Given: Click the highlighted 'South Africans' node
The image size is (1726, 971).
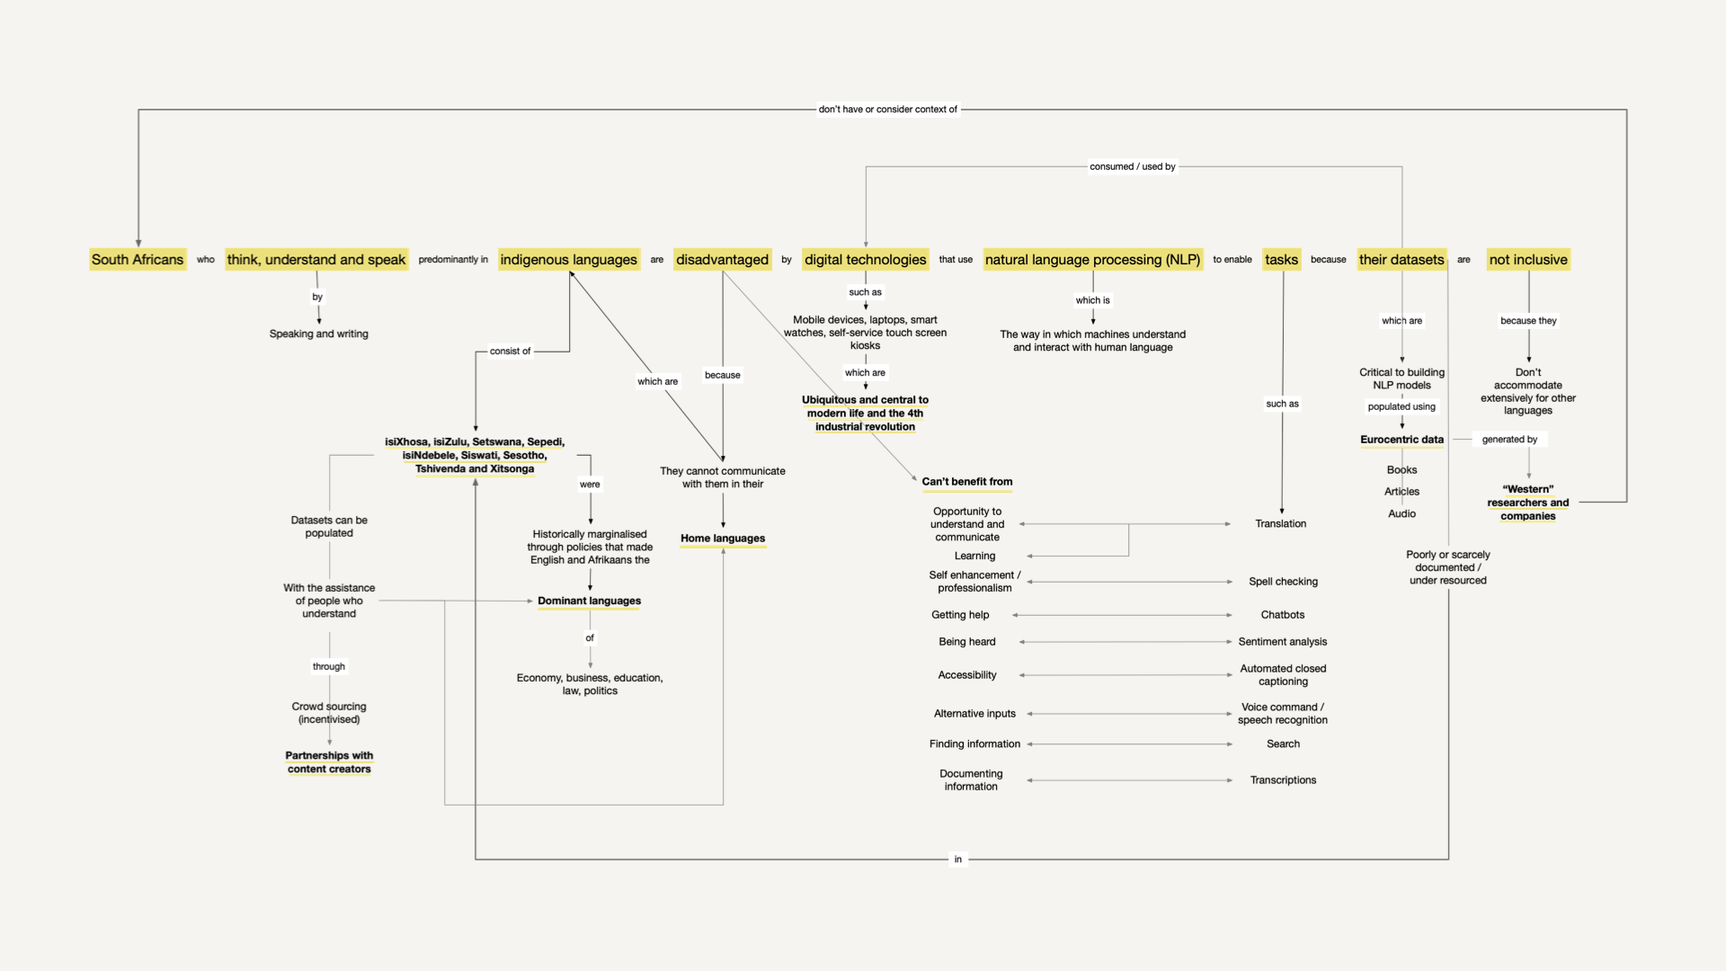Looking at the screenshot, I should click(138, 260).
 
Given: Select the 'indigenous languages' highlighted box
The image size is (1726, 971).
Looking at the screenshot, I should click(568, 260).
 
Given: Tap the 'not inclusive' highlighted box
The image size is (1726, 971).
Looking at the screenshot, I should click(1527, 260).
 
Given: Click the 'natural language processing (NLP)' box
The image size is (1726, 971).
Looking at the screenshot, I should click(1092, 260).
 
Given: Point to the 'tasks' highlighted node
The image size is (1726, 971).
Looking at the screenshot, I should click(1281, 260).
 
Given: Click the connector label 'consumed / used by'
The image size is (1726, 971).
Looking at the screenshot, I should click(1132, 166).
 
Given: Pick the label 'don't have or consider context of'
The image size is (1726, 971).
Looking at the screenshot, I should click(887, 110).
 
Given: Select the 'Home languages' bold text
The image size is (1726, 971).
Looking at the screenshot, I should click(723, 539).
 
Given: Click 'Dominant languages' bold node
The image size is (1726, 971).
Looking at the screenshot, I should click(589, 601).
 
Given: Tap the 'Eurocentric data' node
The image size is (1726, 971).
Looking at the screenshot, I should click(1401, 440).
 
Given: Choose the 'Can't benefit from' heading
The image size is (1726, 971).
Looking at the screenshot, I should click(966, 482).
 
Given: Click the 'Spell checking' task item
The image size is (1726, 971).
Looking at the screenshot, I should click(1283, 582).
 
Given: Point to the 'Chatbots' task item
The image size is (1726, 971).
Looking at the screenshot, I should click(1282, 615).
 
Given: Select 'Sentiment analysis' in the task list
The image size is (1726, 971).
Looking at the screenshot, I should click(1282, 642).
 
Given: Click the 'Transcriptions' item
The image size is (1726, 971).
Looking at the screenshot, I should click(1283, 780).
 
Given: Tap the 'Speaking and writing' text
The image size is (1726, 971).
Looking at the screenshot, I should click(318, 334).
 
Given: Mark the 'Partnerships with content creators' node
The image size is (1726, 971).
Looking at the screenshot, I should click(329, 762).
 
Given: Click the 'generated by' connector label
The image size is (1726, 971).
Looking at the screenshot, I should click(1509, 440).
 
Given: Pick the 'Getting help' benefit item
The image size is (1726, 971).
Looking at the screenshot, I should click(960, 615).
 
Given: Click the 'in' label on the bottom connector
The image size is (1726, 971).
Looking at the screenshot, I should click(957, 860).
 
